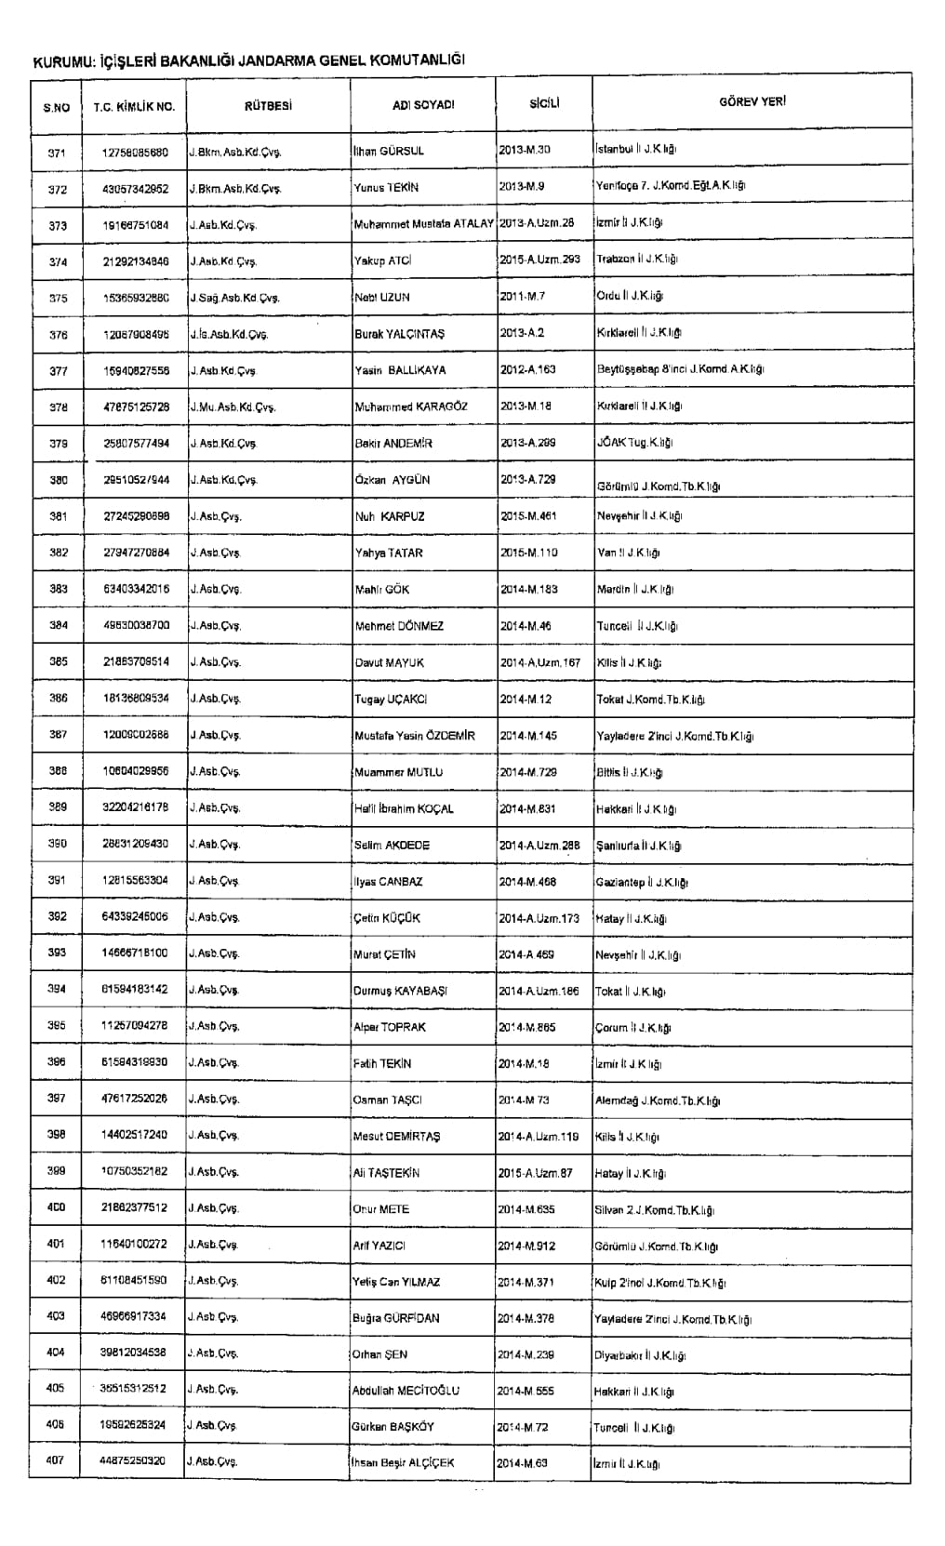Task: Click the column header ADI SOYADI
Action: (x=423, y=105)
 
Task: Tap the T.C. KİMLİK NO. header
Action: (x=134, y=106)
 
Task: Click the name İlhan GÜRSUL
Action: (x=389, y=151)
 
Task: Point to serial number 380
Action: (x=58, y=480)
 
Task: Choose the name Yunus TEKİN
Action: (x=386, y=187)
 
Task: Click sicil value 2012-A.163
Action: (x=527, y=369)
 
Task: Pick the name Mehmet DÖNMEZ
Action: (x=399, y=626)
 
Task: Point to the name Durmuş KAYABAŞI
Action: (x=400, y=992)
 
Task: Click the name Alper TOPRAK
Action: (x=390, y=1028)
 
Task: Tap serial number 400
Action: (x=56, y=1207)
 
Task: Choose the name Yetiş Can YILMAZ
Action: (x=397, y=1283)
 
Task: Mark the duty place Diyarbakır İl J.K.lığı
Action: (x=640, y=1355)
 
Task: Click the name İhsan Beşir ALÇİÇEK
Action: (x=403, y=1463)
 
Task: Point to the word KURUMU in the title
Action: (x=62, y=61)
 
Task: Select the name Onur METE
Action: (x=381, y=1210)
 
